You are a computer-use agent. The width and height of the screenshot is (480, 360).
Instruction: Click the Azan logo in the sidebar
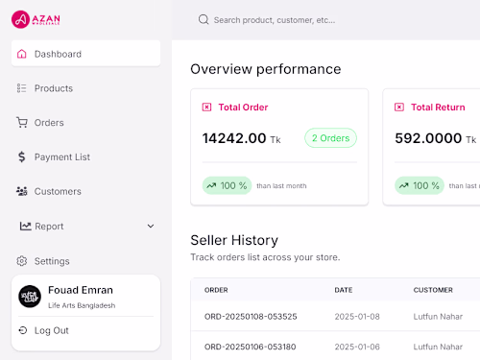coord(36,17)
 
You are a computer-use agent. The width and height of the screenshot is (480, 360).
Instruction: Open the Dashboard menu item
coord(58,54)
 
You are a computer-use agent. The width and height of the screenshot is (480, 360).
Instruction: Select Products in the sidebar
coord(53,88)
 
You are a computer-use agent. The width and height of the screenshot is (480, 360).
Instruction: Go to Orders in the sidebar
coord(49,123)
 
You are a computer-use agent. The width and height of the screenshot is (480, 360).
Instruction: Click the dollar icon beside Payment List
coord(22,157)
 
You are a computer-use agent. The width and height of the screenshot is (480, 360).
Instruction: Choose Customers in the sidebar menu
coord(58,192)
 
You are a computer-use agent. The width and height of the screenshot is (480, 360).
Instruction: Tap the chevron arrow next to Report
coord(151,227)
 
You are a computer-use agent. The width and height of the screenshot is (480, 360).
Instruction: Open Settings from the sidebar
coord(52,261)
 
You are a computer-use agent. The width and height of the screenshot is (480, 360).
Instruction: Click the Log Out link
coord(51,330)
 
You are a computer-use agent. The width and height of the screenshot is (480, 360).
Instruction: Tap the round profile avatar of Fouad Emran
coord(30,297)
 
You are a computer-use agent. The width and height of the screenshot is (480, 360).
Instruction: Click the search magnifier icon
coord(204,19)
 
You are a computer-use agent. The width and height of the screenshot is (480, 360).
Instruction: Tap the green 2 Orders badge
coord(330,138)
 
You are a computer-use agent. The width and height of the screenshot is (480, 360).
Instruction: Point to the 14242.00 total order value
coord(234,138)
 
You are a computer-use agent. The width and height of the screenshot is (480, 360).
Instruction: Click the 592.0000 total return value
coord(429,138)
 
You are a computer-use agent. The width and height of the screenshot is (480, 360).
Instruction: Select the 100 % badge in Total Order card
coord(227,185)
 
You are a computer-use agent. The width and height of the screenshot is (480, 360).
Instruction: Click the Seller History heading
coord(234,240)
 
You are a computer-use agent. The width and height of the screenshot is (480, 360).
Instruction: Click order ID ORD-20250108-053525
coord(251,317)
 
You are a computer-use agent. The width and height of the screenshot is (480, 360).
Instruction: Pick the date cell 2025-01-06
coord(357,347)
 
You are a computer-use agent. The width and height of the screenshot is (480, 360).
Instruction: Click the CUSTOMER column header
coord(433,290)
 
